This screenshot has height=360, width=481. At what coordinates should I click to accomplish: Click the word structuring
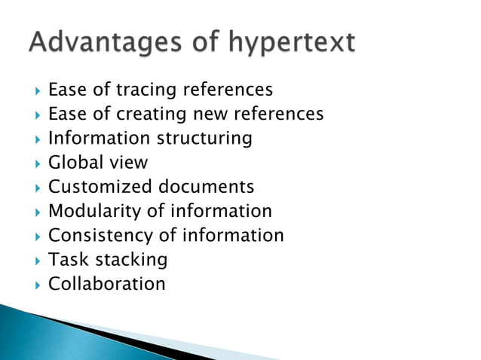tap(204, 139)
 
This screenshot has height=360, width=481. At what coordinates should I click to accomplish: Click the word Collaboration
tap(106, 283)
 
